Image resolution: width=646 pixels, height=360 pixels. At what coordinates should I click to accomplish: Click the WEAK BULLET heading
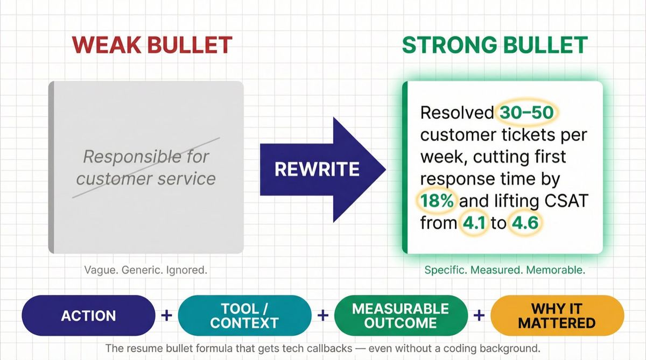(152, 45)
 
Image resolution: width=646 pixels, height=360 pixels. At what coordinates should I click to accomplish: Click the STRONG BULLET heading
(495, 45)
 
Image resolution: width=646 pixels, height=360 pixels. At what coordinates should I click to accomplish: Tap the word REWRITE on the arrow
(317, 169)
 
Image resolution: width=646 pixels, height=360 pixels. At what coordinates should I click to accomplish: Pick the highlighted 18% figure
(438, 201)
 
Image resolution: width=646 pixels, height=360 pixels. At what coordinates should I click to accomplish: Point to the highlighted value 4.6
(525, 222)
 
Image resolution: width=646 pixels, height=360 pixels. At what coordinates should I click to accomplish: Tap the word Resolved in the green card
(457, 112)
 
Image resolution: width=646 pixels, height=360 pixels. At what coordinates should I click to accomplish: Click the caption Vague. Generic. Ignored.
(145, 270)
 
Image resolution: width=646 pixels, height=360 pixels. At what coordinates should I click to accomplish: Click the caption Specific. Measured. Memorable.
(504, 270)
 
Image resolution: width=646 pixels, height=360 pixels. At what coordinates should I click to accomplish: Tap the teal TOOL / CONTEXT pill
(244, 315)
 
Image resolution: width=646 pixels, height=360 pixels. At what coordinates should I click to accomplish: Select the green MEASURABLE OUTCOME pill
(400, 315)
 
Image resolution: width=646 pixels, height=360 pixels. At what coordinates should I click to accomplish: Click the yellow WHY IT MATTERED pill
(557, 315)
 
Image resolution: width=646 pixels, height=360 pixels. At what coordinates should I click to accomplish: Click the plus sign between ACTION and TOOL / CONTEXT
(166, 315)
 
